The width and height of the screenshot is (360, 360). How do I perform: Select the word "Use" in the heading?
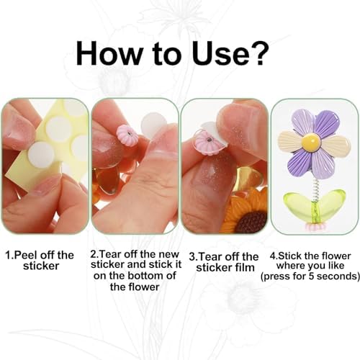click(219, 53)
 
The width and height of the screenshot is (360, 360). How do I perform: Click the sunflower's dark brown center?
click(253, 221)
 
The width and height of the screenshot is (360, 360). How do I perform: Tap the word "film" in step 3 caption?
click(244, 268)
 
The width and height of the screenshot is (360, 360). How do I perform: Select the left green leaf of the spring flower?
click(298, 202)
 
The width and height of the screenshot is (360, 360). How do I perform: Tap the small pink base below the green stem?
click(315, 226)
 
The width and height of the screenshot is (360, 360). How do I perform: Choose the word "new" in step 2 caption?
click(170, 254)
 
